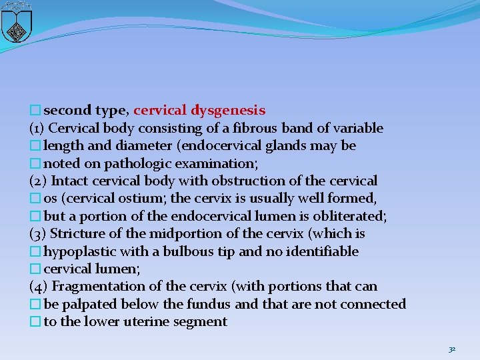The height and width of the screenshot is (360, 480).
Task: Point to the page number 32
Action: point(452,349)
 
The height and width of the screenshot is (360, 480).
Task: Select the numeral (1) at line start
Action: point(37,128)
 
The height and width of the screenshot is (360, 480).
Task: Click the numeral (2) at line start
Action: point(38,181)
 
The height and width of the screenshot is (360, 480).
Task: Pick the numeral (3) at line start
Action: point(38,234)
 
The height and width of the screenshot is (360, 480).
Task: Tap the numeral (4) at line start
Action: point(39,287)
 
